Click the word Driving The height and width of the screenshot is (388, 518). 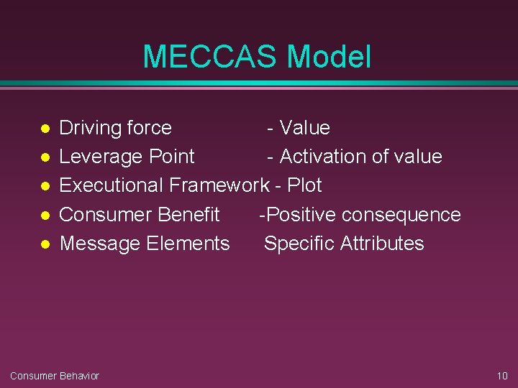[x=90, y=129]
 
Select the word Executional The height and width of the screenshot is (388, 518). [x=112, y=185]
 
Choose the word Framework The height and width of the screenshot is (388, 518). [x=219, y=185]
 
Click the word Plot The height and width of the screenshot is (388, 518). [x=304, y=185]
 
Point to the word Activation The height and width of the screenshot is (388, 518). [x=324, y=157]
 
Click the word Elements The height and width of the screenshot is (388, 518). [x=188, y=244]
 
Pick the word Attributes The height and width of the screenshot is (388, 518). [x=382, y=244]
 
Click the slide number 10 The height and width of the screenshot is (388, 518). [x=502, y=376]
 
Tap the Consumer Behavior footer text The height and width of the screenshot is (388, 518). [x=55, y=376]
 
